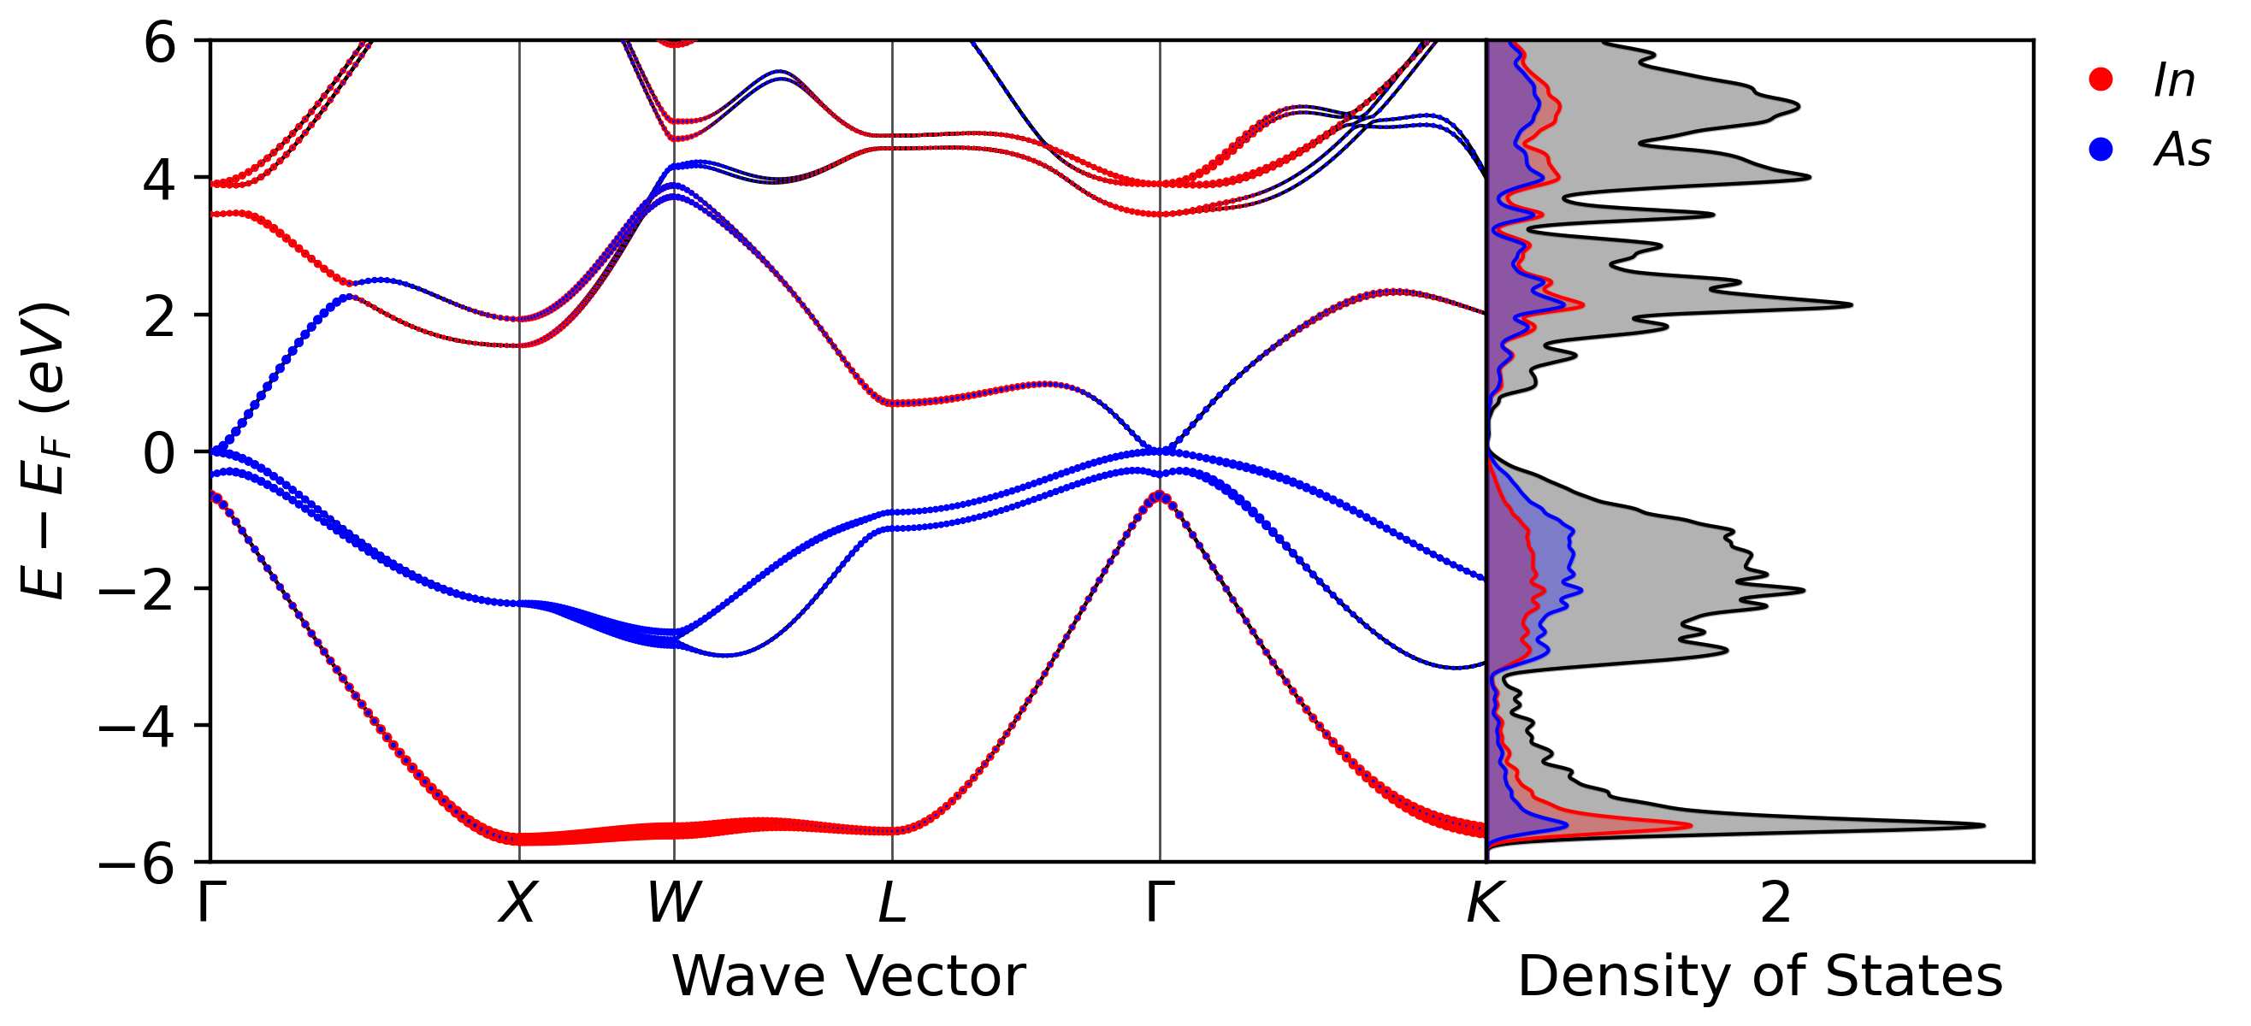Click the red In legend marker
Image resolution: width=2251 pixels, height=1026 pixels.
pos(2100,80)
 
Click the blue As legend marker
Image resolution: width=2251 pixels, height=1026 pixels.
pos(2100,150)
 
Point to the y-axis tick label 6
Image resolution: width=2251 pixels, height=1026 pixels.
pos(160,42)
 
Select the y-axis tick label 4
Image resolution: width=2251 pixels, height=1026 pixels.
pos(160,180)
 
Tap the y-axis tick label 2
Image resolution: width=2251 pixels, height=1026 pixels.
pos(160,315)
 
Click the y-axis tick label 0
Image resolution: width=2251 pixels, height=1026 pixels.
pos(160,452)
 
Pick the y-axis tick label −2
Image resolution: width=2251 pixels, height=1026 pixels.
pos(136,589)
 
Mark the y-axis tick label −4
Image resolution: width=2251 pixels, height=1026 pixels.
pos(136,726)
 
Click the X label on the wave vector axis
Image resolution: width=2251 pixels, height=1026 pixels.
pos(518,902)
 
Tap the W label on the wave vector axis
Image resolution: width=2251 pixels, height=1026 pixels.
pos(674,902)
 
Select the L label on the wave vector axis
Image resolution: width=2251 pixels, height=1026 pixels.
pos(892,902)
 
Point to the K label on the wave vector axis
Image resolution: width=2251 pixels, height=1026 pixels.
pos(1484,902)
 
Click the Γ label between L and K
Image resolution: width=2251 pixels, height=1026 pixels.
pos(1160,902)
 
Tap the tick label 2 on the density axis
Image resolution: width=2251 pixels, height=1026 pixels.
pos(1775,902)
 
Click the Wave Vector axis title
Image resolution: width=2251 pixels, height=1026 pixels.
pos(848,976)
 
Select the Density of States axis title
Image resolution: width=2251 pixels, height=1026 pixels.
pos(1760,976)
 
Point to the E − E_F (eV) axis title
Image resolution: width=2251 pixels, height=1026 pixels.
pos(44,450)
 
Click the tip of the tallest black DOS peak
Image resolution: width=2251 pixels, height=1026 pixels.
pos(1984,825)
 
